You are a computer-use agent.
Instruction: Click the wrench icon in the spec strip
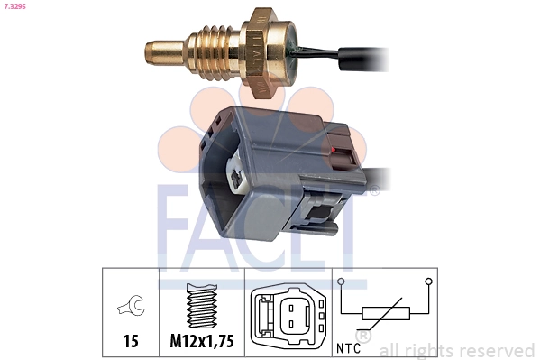click(x=129, y=308)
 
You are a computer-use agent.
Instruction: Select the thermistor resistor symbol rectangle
click(x=386, y=314)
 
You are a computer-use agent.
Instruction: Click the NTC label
click(x=352, y=346)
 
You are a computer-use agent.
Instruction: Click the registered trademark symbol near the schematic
click(x=362, y=335)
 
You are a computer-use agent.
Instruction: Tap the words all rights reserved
click(x=457, y=349)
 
